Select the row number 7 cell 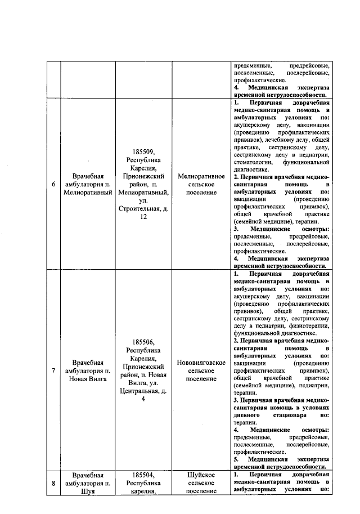click(x=53, y=371)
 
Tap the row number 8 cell click(x=53, y=483)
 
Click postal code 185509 click(x=144, y=152)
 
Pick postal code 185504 click(x=144, y=475)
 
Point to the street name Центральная click(x=139, y=391)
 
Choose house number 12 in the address click(x=144, y=217)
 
